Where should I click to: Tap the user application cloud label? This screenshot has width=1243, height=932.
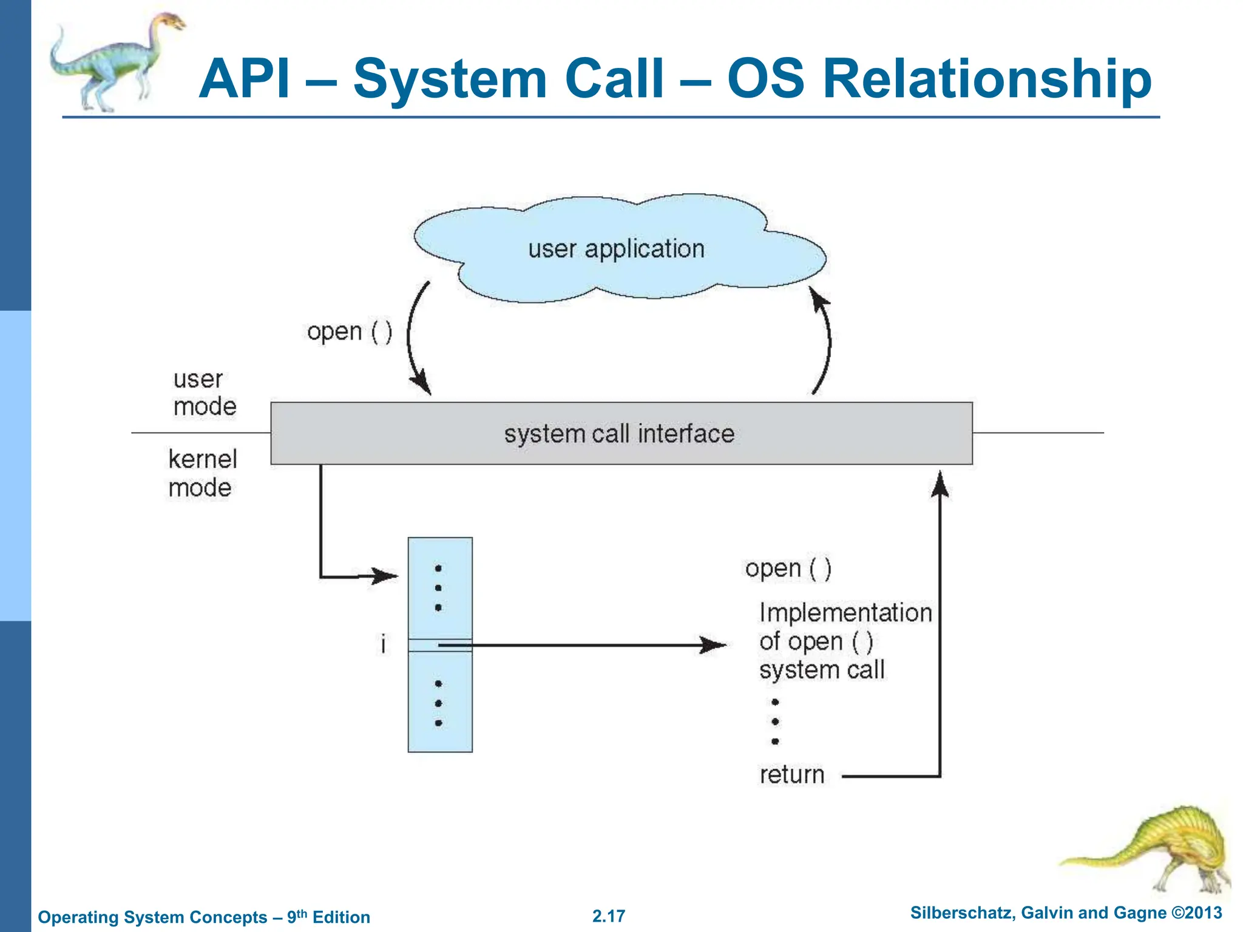(616, 249)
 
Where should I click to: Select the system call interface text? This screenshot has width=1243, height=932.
(619, 434)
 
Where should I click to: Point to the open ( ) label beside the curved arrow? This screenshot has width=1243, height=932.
(350, 333)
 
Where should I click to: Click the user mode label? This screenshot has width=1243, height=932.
(204, 393)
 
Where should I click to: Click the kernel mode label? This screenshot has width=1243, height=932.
(202, 474)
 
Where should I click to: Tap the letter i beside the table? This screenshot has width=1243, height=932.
(383, 644)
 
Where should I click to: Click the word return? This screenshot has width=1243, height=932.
(791, 775)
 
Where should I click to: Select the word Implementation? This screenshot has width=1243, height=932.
(845, 613)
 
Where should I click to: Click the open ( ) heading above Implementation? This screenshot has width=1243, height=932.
(788, 569)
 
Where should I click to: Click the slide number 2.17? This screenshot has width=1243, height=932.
(608, 916)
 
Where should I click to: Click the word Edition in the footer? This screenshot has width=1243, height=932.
(341, 917)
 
